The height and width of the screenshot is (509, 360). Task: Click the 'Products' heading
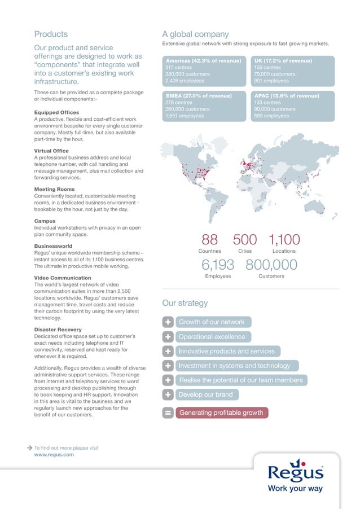point(51,34)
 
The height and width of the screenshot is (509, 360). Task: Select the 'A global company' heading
point(195,34)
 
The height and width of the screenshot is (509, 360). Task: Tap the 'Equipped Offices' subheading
point(56,112)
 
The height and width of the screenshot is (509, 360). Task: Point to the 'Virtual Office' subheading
point(51,151)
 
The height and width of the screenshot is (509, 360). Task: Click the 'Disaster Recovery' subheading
point(57,329)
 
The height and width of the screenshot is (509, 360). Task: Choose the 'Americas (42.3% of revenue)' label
point(203,60)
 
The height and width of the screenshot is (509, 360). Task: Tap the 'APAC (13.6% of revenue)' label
point(287,96)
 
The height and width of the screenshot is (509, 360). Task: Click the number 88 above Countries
point(210,240)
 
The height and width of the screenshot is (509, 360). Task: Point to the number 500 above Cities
point(245,240)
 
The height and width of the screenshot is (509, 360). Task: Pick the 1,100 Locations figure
point(284,240)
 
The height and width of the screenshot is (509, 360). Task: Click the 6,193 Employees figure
point(217,265)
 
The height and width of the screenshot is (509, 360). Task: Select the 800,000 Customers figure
point(271,265)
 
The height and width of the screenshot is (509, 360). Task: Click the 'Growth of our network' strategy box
point(212,322)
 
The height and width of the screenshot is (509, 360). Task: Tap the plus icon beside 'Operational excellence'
point(168,337)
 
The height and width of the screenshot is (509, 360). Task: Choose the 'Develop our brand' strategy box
point(204,395)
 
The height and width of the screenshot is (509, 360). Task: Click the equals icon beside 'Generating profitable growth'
point(168,413)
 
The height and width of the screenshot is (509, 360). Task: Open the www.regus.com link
point(54,454)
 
